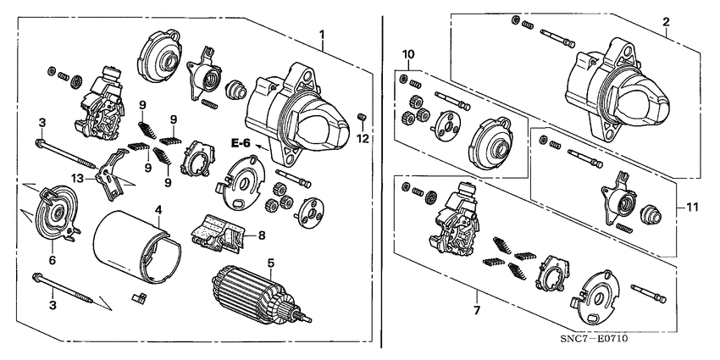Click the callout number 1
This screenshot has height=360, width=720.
click(x=322, y=34)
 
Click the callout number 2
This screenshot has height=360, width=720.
click(x=666, y=22)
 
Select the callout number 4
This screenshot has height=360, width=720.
click(x=158, y=209)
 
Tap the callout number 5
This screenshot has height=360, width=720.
click(x=271, y=263)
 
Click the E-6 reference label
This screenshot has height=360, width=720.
click(x=242, y=145)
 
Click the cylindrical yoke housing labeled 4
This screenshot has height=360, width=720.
click(x=131, y=246)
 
